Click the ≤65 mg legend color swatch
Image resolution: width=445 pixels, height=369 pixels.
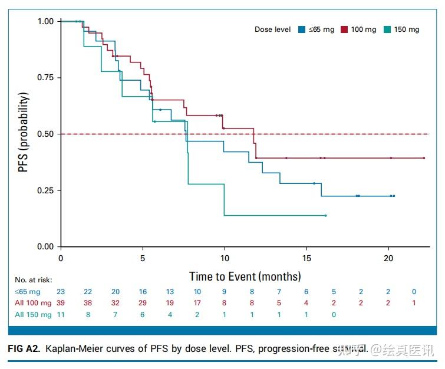point(301,29)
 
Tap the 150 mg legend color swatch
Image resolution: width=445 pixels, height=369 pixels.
point(387,29)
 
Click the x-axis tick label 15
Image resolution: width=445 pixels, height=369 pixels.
point(306,258)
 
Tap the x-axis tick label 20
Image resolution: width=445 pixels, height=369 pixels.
point(388,258)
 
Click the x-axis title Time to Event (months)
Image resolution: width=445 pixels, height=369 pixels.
point(245,276)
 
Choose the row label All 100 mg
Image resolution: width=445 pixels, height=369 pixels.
point(34,303)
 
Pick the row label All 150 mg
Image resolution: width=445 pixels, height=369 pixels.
point(34,314)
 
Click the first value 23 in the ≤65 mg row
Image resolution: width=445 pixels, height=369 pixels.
point(61,292)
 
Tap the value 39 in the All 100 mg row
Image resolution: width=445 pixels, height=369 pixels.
point(61,303)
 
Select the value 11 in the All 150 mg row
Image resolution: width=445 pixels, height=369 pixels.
point(61,314)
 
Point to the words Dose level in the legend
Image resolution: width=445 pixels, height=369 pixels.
point(272,29)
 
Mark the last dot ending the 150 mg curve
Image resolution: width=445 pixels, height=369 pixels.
point(325,216)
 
